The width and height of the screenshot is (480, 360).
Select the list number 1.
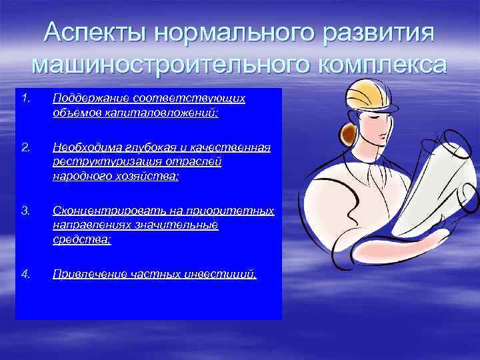tap(25, 99)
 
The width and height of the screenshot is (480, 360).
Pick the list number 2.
tap(25, 147)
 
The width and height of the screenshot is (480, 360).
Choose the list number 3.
tap(25, 211)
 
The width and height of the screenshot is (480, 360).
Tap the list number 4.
tap(25, 273)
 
